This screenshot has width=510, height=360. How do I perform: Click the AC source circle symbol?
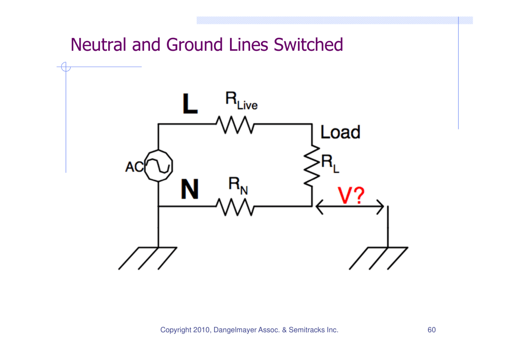[158, 166]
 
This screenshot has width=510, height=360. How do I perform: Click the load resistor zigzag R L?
[311, 166]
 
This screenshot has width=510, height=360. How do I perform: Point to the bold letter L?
[190, 104]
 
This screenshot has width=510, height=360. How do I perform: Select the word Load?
[340, 132]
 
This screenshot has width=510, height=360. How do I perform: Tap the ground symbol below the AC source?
[148, 257]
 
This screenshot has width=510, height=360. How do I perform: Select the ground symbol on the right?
[379, 257]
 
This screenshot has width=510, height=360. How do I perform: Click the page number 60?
[431, 330]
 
